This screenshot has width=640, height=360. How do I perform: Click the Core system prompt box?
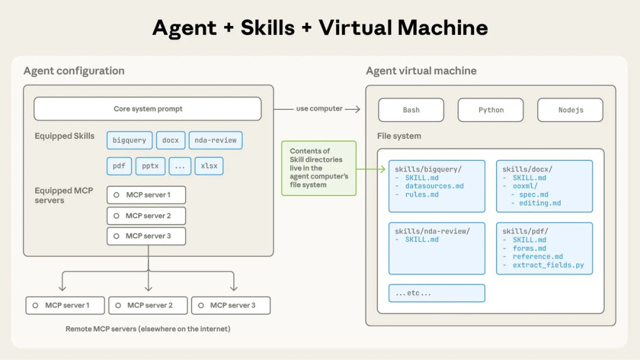(148, 109)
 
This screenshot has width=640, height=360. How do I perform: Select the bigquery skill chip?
(129, 140)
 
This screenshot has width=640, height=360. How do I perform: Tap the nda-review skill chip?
(215, 140)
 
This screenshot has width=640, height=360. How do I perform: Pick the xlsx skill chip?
(209, 166)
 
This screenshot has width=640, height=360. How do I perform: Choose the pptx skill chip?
(151, 166)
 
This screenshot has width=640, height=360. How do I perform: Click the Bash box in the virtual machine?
(411, 110)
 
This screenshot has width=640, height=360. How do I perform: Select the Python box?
(491, 110)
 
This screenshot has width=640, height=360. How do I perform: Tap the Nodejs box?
(570, 110)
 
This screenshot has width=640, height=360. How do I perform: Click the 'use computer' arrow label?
(319, 109)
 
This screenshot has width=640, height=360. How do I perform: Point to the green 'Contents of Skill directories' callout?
(319, 168)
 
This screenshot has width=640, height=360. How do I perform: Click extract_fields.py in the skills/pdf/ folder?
(548, 265)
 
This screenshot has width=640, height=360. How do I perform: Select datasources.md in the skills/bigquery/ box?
(434, 186)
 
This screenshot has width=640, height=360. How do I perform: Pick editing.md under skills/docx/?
(540, 203)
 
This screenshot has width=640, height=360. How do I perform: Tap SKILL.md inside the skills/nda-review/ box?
(422, 240)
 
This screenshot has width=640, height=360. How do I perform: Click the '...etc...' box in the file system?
(437, 293)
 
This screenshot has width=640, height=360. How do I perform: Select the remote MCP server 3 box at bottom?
(231, 306)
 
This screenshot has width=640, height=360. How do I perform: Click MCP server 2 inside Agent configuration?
(146, 216)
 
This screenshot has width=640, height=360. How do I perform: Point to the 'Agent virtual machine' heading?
(421, 71)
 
